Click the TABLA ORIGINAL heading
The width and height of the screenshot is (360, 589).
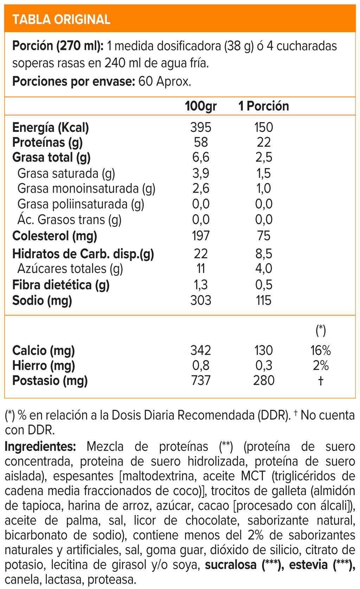pos(61,19)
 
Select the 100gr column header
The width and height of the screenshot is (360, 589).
pos(201,106)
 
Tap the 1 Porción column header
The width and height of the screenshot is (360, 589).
pos(264,106)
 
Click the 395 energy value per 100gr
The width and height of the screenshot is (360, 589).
pos(201,127)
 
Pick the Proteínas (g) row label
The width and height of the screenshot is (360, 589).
pos(47,142)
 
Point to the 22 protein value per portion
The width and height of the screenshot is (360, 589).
pos(264,142)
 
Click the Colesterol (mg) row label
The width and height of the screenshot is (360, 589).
pos(54,236)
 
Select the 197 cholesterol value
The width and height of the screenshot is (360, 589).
pos(201,236)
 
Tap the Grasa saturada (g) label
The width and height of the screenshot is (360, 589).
pos(66,173)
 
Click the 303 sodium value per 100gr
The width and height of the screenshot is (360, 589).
pos(201,300)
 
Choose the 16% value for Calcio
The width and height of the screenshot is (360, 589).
pos(320,350)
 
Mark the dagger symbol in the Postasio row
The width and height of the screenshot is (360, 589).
pos(320,381)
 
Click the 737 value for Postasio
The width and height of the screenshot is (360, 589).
pos(201,381)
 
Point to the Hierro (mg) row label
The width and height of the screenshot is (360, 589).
pos(44,366)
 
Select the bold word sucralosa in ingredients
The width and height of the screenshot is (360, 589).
pos(231,565)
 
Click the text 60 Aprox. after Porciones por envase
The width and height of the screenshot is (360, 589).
pos(165,82)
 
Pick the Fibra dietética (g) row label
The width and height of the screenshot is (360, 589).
pos(61,285)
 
